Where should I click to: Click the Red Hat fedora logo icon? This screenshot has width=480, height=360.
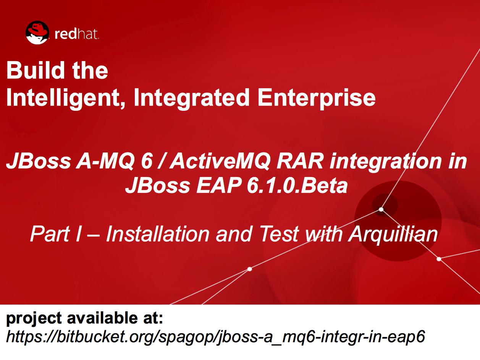pos(37,32)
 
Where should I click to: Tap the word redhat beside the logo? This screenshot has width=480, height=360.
pos(76,34)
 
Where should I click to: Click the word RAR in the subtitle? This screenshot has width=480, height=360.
pos(300,161)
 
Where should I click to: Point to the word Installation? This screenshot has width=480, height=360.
pos(157,234)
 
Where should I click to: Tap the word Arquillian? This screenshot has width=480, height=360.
pos(393,234)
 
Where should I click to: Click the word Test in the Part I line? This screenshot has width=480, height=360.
pos(279,234)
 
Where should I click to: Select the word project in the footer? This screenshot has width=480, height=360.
pos(34,319)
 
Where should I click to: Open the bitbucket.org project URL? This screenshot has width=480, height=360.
pos(215,337)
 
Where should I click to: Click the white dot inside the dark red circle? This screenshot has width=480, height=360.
pos(381,210)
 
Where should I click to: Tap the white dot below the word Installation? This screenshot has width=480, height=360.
pos(250,269)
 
